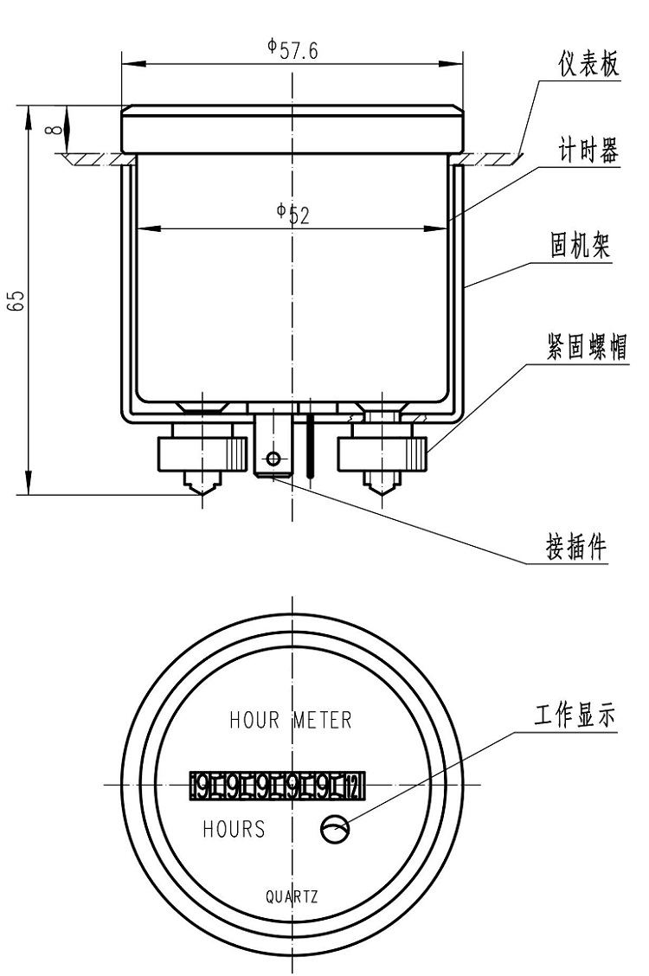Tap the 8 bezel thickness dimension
coord(55,130)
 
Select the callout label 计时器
coord(588,153)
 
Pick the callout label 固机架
coord(581,247)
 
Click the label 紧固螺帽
coord(588,347)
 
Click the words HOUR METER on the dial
coord(290,720)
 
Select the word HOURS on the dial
coord(234,829)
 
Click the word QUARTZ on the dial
coord(292,896)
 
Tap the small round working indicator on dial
coord(335,830)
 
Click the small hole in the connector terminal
coord(273,459)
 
